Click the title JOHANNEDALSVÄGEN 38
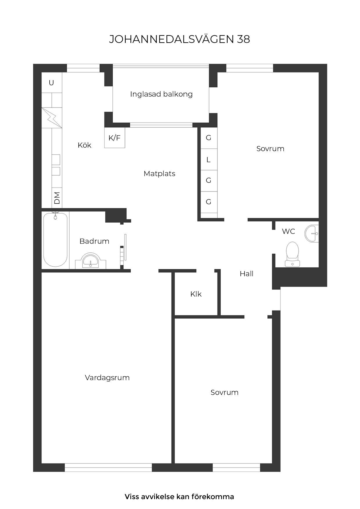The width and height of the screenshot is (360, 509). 179,39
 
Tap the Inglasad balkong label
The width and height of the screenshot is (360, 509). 161,94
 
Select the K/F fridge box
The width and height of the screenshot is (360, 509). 115,138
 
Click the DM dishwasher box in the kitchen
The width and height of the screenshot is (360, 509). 57,198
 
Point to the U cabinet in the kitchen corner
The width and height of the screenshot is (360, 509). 52,83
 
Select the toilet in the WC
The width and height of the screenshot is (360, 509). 292,253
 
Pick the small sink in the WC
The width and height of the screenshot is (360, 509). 312,233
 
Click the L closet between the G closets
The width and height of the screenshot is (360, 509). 208,160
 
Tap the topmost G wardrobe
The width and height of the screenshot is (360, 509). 208,138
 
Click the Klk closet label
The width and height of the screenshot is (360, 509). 196,294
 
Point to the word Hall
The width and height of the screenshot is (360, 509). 246,274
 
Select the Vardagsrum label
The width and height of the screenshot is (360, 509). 107,378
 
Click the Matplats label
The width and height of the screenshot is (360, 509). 159,174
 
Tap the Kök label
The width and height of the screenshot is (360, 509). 84,145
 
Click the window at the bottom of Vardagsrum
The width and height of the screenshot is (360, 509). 108,467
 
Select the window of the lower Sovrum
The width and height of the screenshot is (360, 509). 236,467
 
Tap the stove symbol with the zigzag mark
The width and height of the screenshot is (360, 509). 52,118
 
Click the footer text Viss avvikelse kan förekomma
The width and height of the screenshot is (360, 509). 179,497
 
